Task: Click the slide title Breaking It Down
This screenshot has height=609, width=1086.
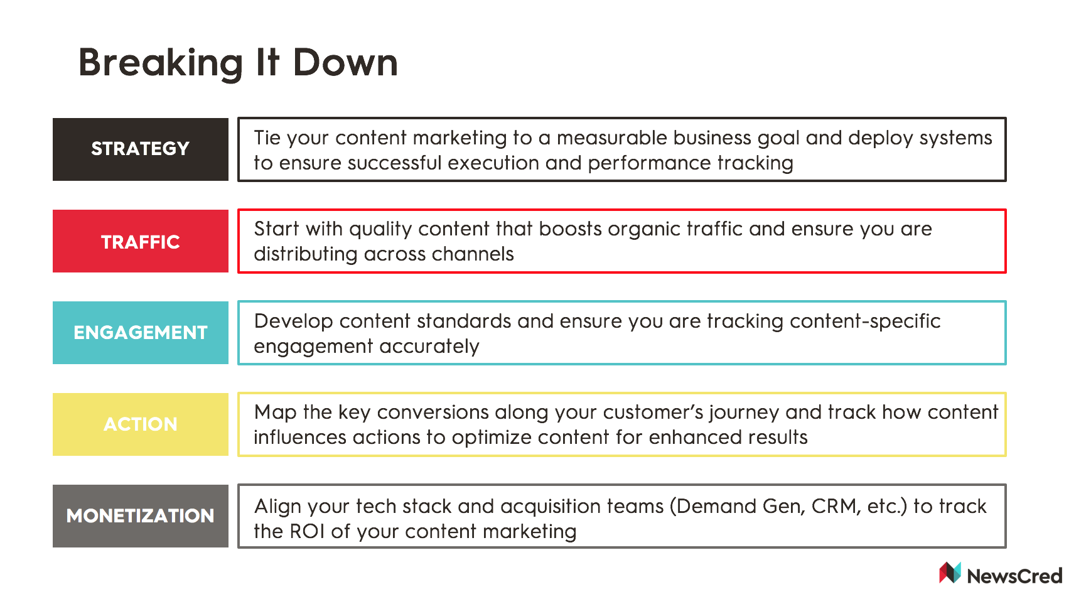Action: pyautogui.click(x=238, y=63)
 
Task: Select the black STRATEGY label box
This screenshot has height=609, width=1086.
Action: pyautogui.click(x=141, y=149)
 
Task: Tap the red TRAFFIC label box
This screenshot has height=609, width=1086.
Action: pyautogui.click(x=141, y=241)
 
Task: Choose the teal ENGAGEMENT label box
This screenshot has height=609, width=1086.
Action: pyautogui.click(x=141, y=333)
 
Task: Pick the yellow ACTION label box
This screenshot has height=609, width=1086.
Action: pyautogui.click(x=141, y=424)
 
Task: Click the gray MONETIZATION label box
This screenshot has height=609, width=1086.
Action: pyautogui.click(x=141, y=516)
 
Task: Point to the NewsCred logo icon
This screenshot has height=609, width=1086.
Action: pyautogui.click(x=950, y=573)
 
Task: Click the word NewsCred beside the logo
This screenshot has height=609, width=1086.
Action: pyautogui.click(x=1014, y=576)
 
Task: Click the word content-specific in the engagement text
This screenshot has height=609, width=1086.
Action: pyautogui.click(x=865, y=322)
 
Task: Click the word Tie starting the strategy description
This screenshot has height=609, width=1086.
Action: pyautogui.click(x=267, y=137)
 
